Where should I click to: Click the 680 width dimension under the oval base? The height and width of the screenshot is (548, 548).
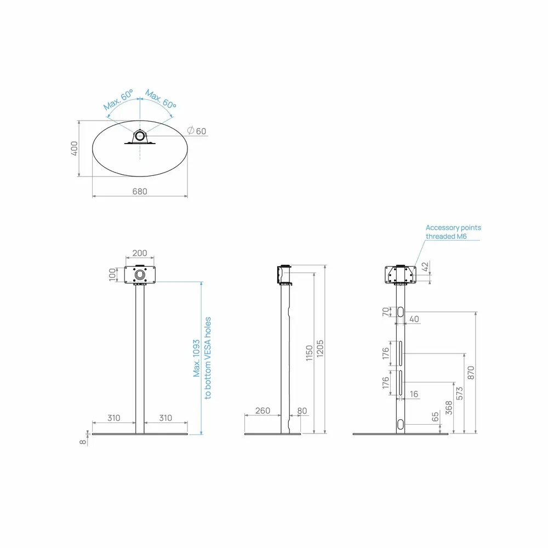tap(140, 191)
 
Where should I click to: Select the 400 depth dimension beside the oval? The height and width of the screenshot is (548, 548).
tap(74, 149)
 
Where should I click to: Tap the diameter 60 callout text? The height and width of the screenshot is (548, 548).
tap(197, 131)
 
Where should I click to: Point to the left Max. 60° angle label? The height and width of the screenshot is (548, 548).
tap(118, 100)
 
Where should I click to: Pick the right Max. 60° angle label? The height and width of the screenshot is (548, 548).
tap(161, 99)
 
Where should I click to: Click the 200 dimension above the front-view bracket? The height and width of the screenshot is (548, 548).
tap(140, 253)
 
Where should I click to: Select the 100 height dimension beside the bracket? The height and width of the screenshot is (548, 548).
tap(112, 275)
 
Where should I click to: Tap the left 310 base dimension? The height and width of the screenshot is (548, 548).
tap(114, 418)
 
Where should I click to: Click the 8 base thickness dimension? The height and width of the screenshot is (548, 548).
tap(83, 442)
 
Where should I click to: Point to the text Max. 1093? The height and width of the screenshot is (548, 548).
tap(196, 358)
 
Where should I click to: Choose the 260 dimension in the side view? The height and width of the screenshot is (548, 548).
tap(263, 410)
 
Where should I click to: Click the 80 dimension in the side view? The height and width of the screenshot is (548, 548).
tap(302, 411)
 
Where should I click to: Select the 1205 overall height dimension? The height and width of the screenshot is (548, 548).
tap(320, 349)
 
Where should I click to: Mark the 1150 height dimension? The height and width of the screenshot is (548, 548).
tap(309, 353)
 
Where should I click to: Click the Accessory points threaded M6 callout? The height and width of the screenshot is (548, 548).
tap(453, 232)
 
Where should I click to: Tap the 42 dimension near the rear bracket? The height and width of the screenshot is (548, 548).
tap(425, 267)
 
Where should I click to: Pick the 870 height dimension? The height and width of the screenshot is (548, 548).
tap(471, 373)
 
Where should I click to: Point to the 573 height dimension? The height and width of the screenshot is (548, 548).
tap(460, 393)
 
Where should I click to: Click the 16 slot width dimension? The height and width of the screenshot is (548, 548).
tap(414, 394)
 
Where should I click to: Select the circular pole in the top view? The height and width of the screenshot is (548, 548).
tap(140, 136)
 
